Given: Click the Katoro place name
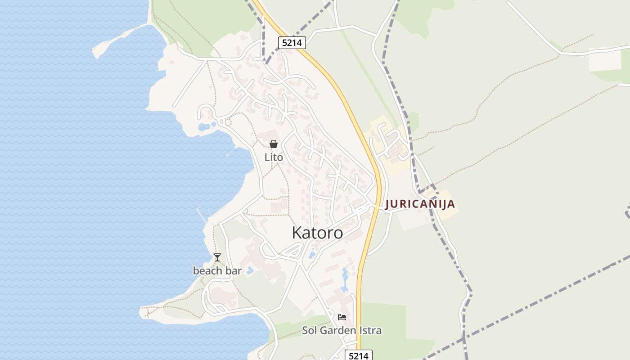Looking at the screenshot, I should pos(317,233).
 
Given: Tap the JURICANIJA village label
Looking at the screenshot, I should pos(420,204).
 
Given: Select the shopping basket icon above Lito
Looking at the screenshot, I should pos(273,144).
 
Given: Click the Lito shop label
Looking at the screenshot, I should pos(274,157).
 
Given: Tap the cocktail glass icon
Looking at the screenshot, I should pos(217,257).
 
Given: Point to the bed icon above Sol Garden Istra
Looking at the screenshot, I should pos(342,317).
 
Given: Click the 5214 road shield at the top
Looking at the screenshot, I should pos(292,43).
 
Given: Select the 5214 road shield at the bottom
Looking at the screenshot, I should pos(359,356).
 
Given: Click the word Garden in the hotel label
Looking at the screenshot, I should pos(337,331).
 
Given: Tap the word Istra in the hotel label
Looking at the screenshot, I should pos(369,331).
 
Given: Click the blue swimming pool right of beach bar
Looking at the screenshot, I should pos(250,270).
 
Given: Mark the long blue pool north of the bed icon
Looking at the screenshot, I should pos(345,279).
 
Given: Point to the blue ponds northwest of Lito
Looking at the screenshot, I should pos(205,127).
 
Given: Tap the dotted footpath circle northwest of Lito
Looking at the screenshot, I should pos(228,122).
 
